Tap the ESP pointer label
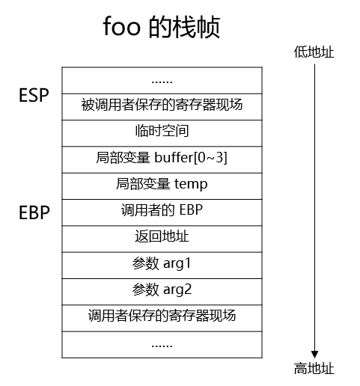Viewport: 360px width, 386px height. coord(33,96)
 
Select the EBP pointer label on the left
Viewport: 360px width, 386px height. coord(34,212)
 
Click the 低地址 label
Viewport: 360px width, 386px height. coord(313,52)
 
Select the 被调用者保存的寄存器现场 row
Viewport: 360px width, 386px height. coord(162,105)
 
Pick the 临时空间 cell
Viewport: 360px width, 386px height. coord(162,132)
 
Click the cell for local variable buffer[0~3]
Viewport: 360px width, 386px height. coord(162,158)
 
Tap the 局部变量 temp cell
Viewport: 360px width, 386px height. coord(162,184)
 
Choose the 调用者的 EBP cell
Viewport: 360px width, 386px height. coord(162,210)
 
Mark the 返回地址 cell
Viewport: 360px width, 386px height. coord(162,237)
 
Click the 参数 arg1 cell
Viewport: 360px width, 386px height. coord(162,263)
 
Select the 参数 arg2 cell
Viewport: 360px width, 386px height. coord(162,289)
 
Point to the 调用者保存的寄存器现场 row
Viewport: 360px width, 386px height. coord(162,316)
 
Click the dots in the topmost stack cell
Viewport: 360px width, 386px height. coord(162,80)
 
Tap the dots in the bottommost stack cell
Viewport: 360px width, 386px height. coord(162,344)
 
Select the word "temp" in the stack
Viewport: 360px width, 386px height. coord(191,184)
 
